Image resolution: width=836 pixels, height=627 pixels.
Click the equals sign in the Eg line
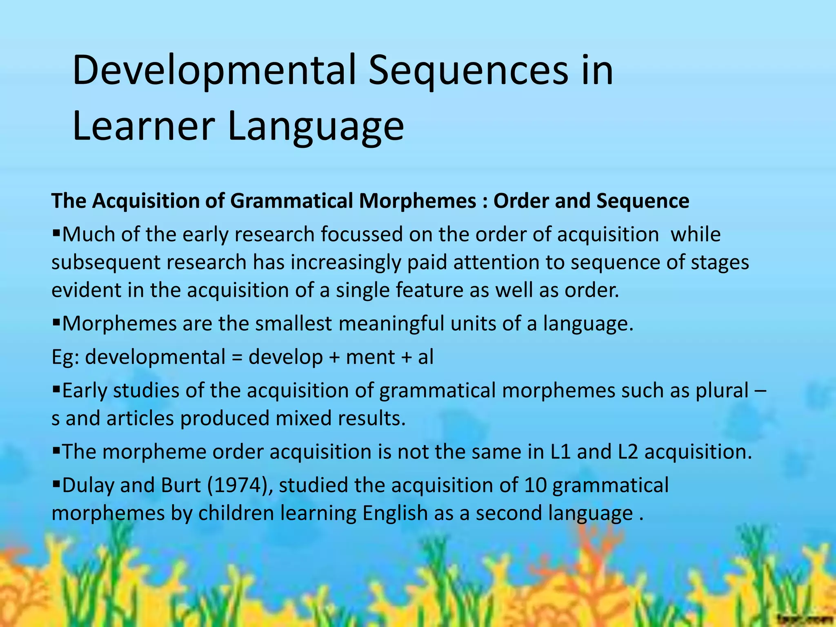(x=236, y=357)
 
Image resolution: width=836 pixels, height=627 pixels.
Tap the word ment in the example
(x=370, y=357)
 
